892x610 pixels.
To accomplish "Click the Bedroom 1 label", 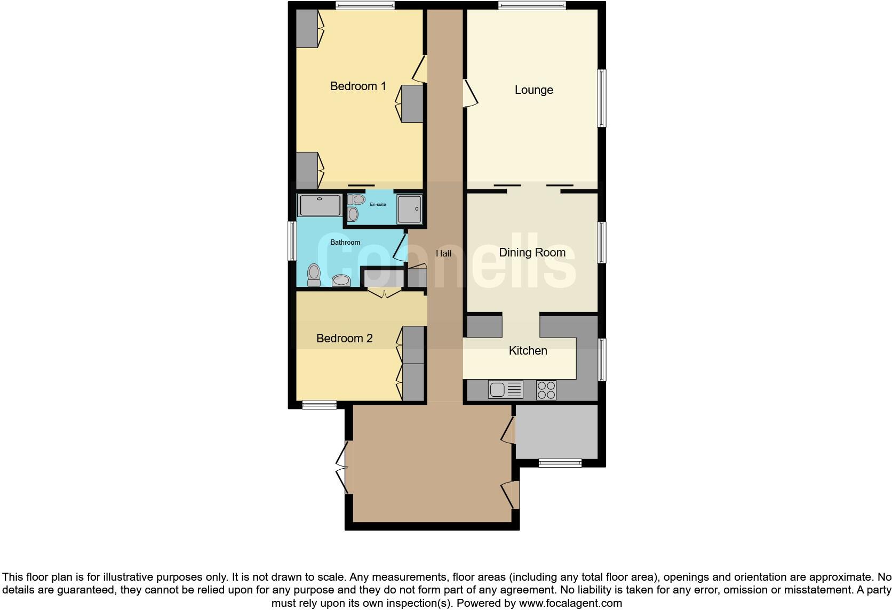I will pyautogui.click(x=358, y=86).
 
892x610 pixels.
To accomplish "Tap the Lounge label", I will pyautogui.click(x=533, y=90).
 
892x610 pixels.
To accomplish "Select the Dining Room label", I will pyautogui.click(x=532, y=253).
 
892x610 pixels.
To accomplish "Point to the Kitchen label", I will pyautogui.click(x=528, y=351).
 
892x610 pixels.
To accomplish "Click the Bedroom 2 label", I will pyautogui.click(x=344, y=339).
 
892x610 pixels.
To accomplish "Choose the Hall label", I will pyautogui.click(x=443, y=254).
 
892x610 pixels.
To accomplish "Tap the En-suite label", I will pyautogui.click(x=378, y=204).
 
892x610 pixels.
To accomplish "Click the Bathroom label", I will pyautogui.click(x=345, y=243).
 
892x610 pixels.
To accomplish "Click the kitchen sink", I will pyautogui.click(x=505, y=390).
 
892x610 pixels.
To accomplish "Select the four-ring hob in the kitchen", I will pyautogui.click(x=546, y=390).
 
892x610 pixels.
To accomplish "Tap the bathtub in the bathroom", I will pyautogui.click(x=320, y=205).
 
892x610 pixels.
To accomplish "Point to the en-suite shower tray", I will pyautogui.click(x=410, y=209).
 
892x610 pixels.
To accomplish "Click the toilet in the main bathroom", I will pyautogui.click(x=314, y=275).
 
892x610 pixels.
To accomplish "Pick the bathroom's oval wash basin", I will pyautogui.click(x=340, y=280).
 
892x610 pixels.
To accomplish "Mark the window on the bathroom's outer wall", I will pyautogui.click(x=292, y=241).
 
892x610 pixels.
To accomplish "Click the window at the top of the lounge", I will pyautogui.click(x=532, y=6).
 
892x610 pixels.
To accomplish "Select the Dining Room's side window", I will pyautogui.click(x=601, y=243).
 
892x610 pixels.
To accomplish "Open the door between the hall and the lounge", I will pyautogui.click(x=469, y=94).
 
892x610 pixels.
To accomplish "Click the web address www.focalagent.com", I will pyautogui.click(x=570, y=604).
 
